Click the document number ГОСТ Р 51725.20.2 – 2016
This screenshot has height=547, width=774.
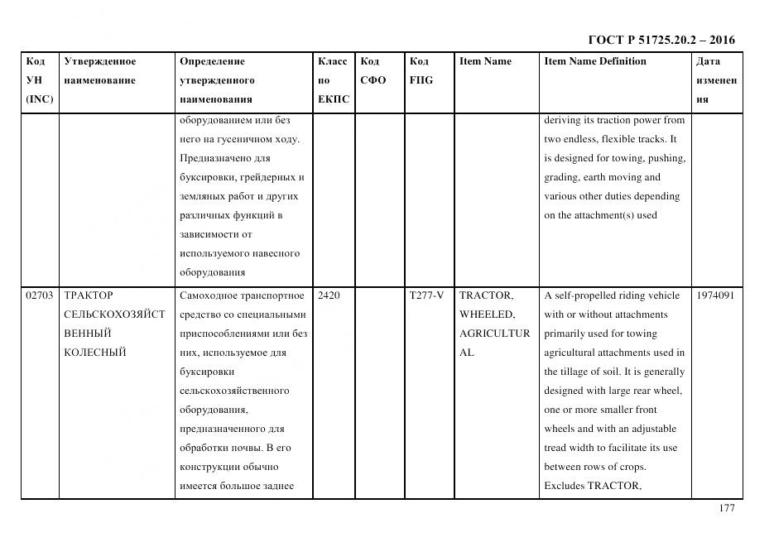pyautogui.click(x=661, y=40)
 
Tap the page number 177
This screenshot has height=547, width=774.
pyautogui.click(x=726, y=508)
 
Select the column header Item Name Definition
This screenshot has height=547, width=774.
pyautogui.click(x=594, y=61)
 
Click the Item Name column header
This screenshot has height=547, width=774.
pyautogui.click(x=485, y=61)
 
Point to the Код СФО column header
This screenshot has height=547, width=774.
pyautogui.click(x=373, y=70)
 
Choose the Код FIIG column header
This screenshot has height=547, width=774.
pyautogui.click(x=421, y=70)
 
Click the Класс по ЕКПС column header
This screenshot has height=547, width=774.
pyautogui.click(x=333, y=80)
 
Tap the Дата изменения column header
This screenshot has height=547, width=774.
pyautogui.click(x=717, y=80)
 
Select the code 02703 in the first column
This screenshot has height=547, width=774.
pyautogui.click(x=40, y=295)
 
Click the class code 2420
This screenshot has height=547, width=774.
pyautogui.click(x=329, y=295)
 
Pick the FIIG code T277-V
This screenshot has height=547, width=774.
pyautogui.click(x=426, y=295)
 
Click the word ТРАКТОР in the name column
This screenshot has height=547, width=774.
pyautogui.click(x=89, y=295)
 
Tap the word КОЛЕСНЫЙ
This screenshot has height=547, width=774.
pyautogui.click(x=94, y=353)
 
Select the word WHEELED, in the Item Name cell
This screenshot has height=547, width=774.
pyautogui.click(x=487, y=314)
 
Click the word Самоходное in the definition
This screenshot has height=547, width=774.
pyautogui.click(x=210, y=295)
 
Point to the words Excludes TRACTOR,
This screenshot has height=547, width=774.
pyautogui.click(x=592, y=486)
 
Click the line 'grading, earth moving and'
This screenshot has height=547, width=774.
pyautogui.click(x=602, y=177)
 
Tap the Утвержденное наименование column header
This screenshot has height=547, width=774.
pyautogui.click(x=100, y=70)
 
